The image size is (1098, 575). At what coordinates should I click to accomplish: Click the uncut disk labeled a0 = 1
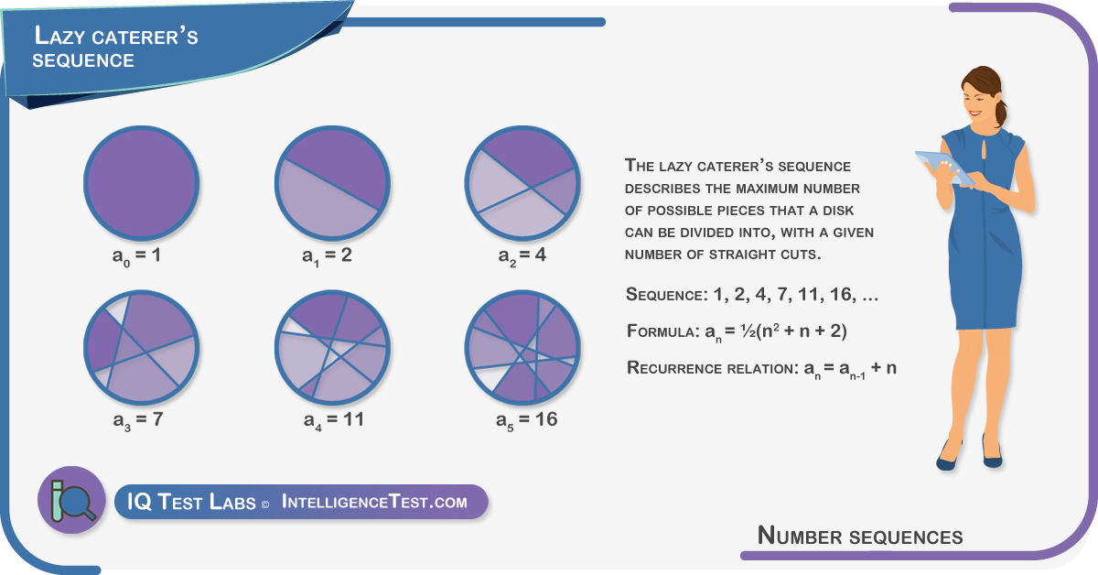pyautogui.click(x=141, y=183)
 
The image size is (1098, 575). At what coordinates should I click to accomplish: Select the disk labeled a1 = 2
pyautogui.click(x=332, y=183)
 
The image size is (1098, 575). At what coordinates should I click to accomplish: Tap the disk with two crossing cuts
pyautogui.click(x=522, y=183)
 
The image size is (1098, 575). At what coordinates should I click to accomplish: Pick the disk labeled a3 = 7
pyautogui.click(x=141, y=347)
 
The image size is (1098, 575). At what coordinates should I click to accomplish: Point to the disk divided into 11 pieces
pyautogui.click(x=332, y=347)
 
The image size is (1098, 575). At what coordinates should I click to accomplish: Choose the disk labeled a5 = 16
pyautogui.click(x=522, y=347)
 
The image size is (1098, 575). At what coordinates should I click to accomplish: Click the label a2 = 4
pyautogui.click(x=522, y=256)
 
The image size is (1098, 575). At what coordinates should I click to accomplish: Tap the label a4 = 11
pyautogui.click(x=334, y=421)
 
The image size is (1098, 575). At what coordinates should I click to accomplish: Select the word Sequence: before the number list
pyautogui.click(x=667, y=295)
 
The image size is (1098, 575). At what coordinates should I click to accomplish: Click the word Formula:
pyautogui.click(x=663, y=331)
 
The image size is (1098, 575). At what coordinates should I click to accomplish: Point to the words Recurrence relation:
pyautogui.click(x=713, y=368)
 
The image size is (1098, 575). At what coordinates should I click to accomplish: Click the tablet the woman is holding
pyautogui.click(x=943, y=168)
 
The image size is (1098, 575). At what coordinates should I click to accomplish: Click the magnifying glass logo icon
pyautogui.click(x=72, y=500)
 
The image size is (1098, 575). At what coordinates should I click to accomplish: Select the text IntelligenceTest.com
pyautogui.click(x=374, y=502)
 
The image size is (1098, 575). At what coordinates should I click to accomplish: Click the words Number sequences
pyautogui.click(x=860, y=536)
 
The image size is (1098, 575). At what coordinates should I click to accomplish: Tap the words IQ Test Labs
pyautogui.click(x=191, y=502)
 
